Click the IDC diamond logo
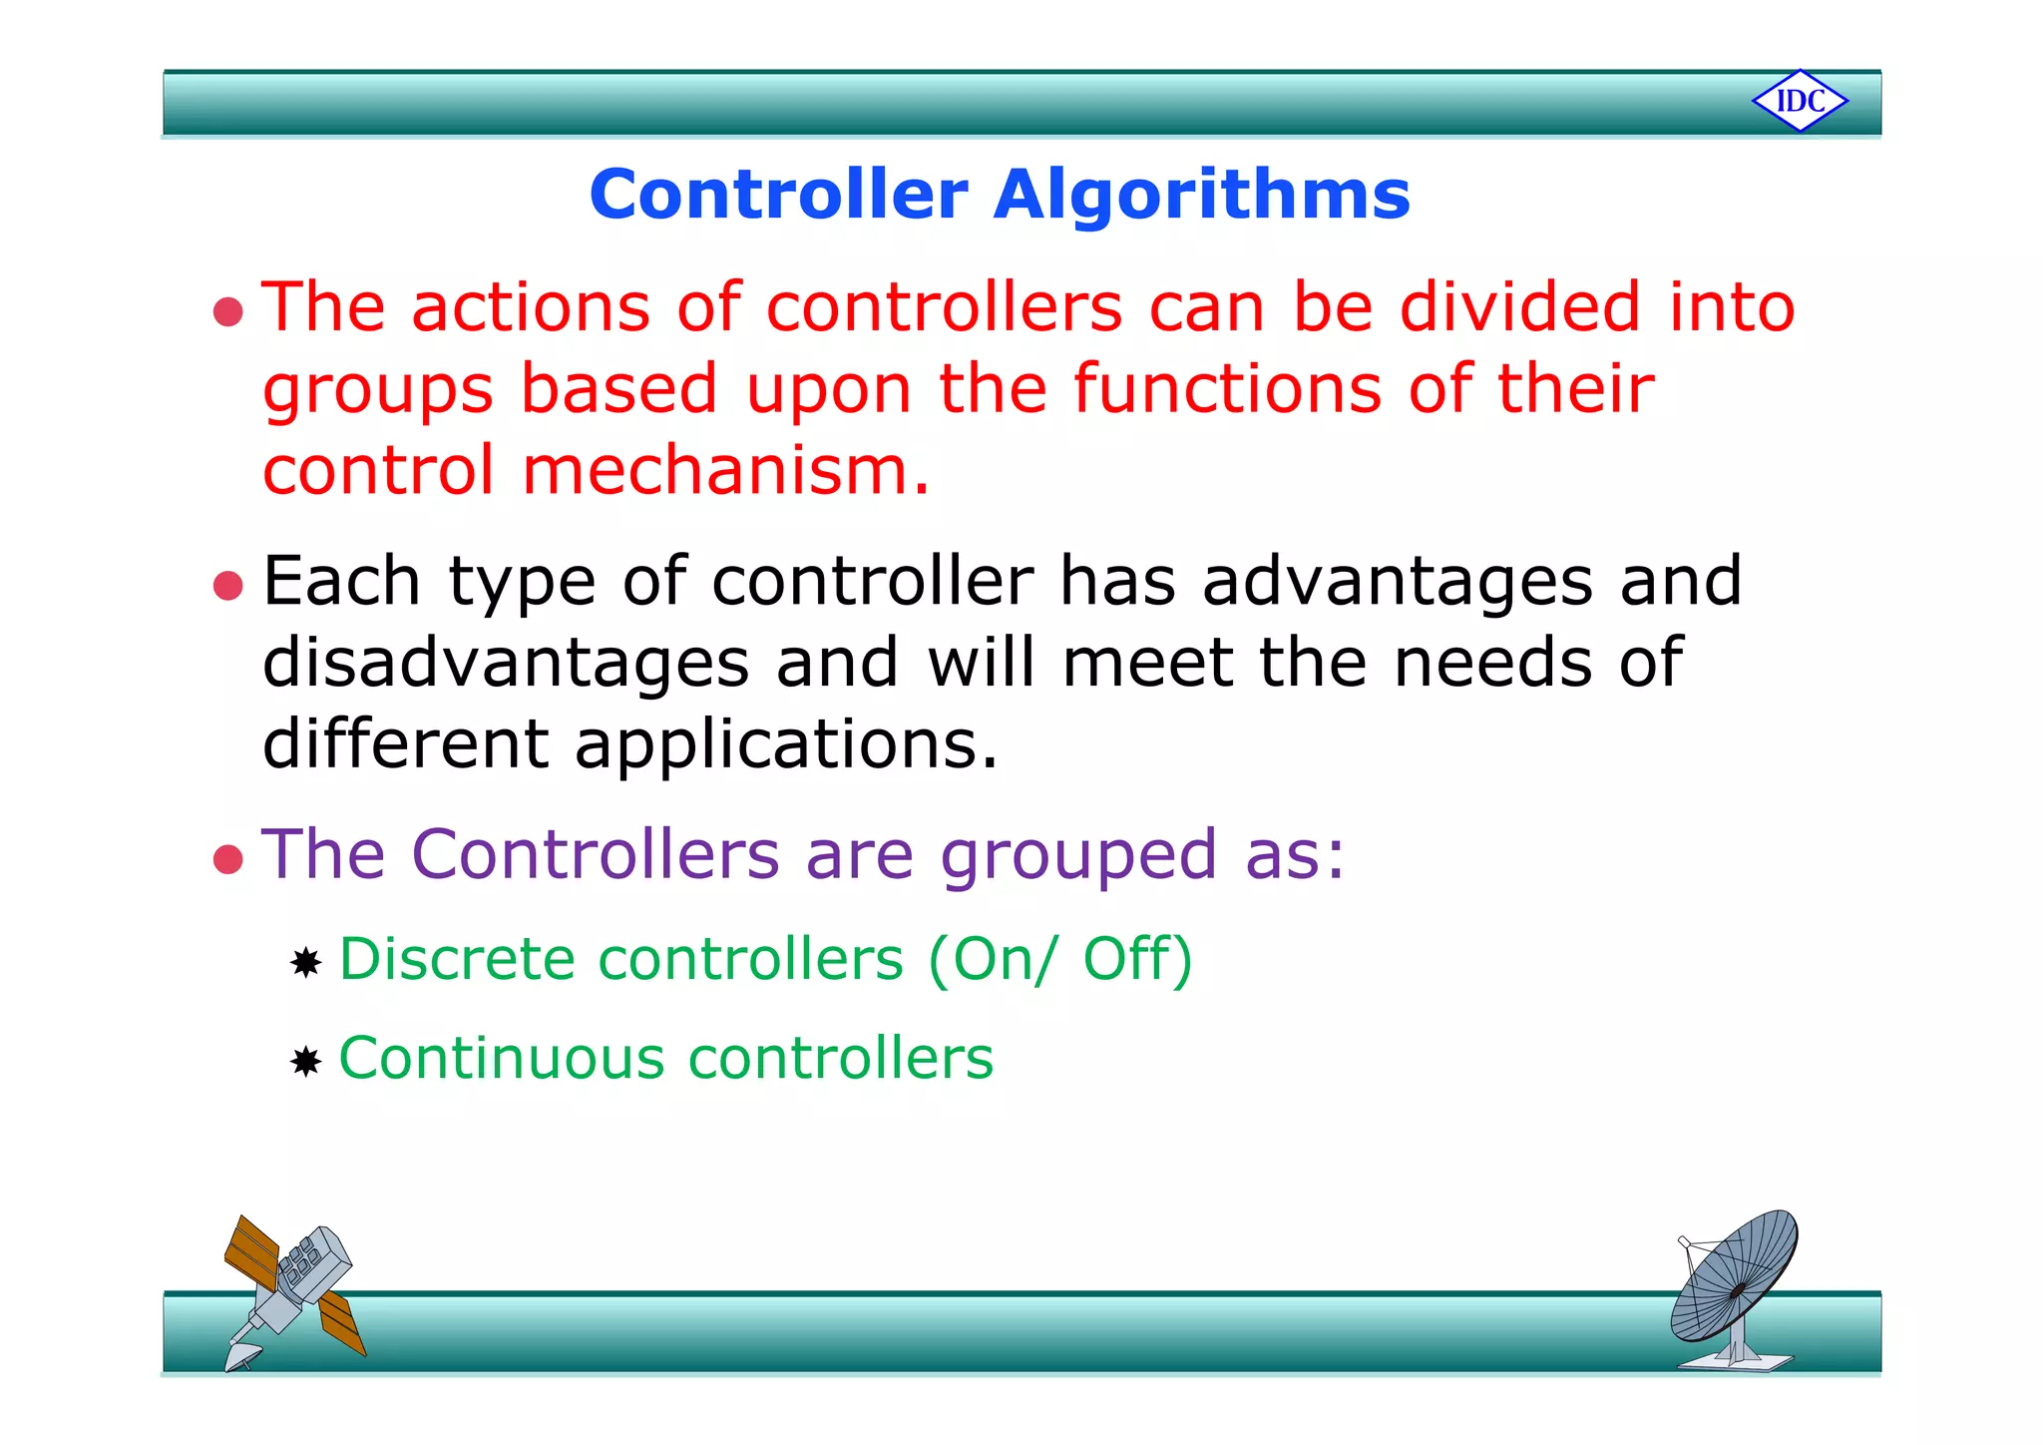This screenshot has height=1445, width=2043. (1800, 101)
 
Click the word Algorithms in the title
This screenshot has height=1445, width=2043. (1201, 195)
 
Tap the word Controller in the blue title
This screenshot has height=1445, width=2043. (778, 195)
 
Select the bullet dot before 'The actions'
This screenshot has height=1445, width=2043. (228, 311)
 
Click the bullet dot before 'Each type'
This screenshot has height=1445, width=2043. (228, 586)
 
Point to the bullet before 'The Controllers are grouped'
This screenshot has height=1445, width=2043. (228, 859)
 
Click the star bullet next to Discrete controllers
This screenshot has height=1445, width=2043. (305, 963)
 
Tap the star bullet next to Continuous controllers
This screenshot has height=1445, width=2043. (305, 1062)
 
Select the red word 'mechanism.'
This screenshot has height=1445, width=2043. (726, 471)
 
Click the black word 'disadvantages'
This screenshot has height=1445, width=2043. (505, 663)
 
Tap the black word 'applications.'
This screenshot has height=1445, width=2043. (786, 745)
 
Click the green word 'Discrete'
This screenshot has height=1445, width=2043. (458, 960)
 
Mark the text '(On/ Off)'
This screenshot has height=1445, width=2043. (1059, 960)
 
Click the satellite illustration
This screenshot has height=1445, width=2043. (292, 1290)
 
